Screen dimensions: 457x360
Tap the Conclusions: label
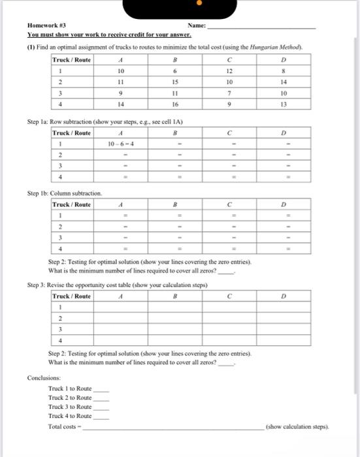coord(43,378)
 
